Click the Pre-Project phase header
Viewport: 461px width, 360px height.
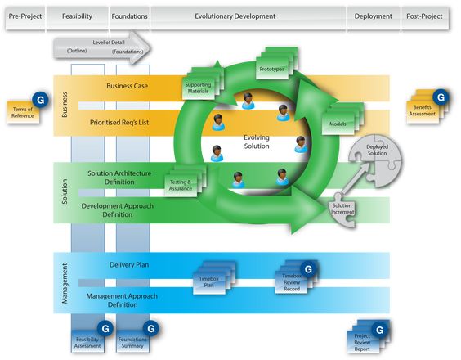[x=25, y=17]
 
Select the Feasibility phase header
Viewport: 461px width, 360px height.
[x=77, y=17]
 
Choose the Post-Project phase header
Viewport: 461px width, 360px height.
[x=425, y=17]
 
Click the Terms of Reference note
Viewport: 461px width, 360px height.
[x=23, y=112]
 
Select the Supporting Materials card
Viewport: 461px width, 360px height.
[x=200, y=86]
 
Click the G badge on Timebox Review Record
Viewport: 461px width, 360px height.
[x=308, y=269]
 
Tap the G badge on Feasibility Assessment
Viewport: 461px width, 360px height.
[x=105, y=329]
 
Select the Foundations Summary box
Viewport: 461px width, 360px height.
[x=133, y=341]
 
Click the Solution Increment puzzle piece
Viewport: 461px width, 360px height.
[x=342, y=209]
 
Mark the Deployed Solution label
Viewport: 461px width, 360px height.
[x=377, y=150]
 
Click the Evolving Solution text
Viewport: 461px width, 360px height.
[x=257, y=142]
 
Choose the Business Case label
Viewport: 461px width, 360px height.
[x=127, y=86]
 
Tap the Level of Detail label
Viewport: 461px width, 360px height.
[x=109, y=43]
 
